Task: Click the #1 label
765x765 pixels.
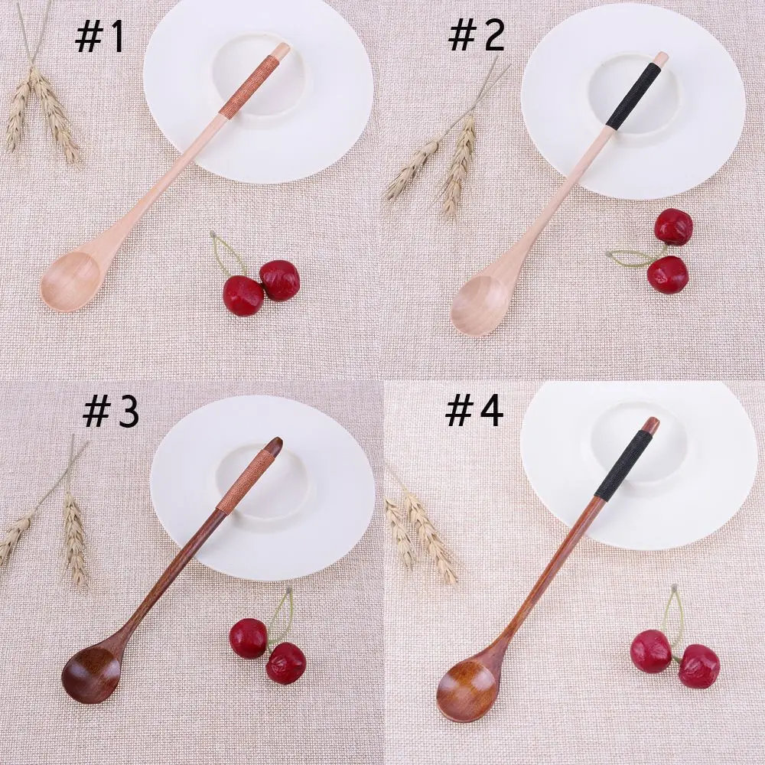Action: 100,38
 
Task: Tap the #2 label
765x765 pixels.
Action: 476,37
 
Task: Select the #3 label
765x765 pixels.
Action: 110,413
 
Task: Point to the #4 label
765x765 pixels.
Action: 474,412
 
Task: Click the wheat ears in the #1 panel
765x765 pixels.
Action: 42,112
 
